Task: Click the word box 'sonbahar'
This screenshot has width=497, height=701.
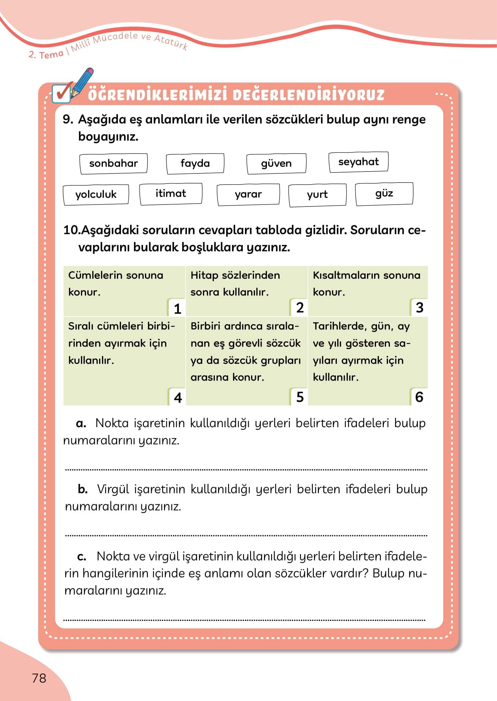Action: tap(113, 163)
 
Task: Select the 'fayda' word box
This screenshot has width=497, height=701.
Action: tap(195, 163)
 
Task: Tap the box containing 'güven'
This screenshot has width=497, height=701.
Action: tap(276, 163)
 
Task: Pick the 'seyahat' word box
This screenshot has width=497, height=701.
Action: tap(358, 162)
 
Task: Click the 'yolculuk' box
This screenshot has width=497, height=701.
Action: tap(96, 195)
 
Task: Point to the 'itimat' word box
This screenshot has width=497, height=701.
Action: tap(171, 194)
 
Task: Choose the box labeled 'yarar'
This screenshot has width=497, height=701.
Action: tap(248, 194)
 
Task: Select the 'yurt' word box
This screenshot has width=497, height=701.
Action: tap(317, 195)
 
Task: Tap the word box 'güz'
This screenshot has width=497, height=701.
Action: tap(384, 194)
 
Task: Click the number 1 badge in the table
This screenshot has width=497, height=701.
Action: tap(177, 308)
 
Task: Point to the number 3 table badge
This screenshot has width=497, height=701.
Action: tap(419, 307)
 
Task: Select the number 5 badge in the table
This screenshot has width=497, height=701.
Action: tap(300, 397)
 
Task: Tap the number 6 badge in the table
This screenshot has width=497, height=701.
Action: tap(419, 397)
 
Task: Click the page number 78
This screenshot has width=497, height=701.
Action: tap(39, 678)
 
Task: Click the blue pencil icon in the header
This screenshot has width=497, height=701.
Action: tap(83, 82)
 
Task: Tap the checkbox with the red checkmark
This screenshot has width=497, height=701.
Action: tap(61, 94)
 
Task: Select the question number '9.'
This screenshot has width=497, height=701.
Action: tap(68, 119)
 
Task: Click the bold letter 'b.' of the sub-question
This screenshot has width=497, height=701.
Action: tap(83, 489)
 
